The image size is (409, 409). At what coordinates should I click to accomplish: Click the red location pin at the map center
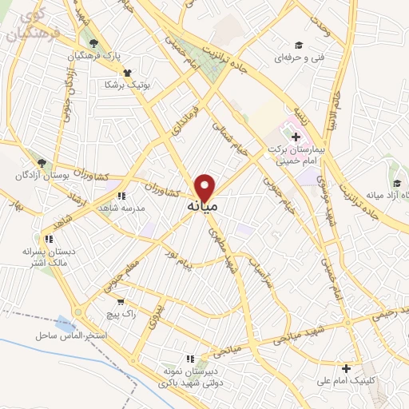tap(205, 187)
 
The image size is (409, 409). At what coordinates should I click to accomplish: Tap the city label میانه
tap(203, 206)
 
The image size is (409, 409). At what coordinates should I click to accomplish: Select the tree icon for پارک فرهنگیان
tap(94, 44)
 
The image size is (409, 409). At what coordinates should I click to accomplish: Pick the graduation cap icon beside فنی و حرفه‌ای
tap(299, 46)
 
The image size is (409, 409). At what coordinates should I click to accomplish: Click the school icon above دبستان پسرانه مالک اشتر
tap(49, 238)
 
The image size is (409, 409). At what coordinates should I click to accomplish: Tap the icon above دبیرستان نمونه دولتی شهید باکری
tap(189, 359)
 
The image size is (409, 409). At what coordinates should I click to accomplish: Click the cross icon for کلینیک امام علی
tap(345, 368)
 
